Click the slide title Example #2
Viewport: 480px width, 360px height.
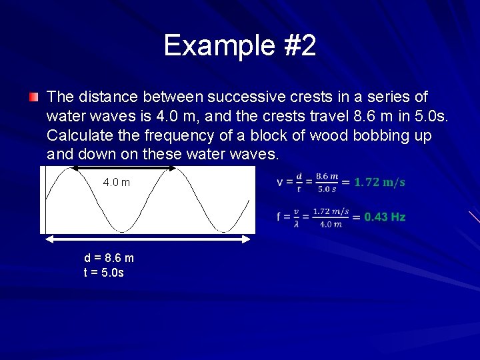coord(240,46)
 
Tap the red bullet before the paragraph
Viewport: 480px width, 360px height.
coord(33,97)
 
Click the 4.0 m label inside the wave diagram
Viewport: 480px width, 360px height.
coord(117,183)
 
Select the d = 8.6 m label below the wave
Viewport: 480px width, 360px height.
coord(109,258)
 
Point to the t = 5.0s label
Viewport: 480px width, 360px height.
coord(103,272)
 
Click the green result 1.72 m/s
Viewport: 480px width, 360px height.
coord(379,182)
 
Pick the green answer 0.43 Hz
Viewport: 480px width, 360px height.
coord(385,217)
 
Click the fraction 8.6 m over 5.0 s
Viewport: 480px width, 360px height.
coord(327,182)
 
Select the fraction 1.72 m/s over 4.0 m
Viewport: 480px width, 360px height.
coord(331,217)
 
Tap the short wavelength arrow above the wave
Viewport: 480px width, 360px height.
coord(123,169)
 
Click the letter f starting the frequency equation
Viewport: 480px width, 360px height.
coord(280,217)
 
